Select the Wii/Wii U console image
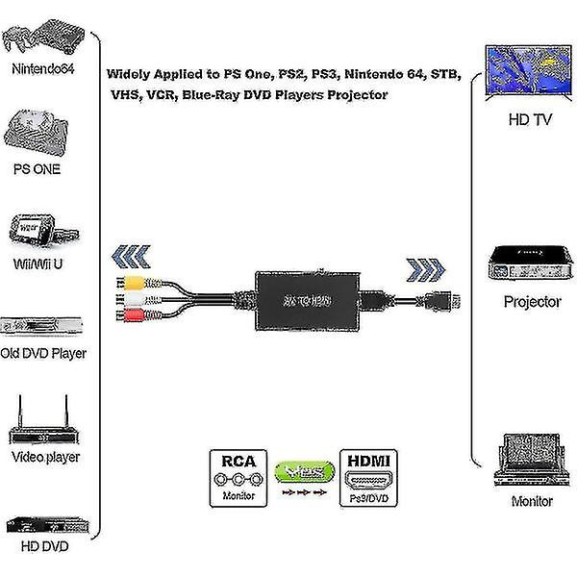pyautogui.click(x=38, y=232)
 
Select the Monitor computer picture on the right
pyautogui.click(x=530, y=461)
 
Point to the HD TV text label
pyautogui.click(x=531, y=122)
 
